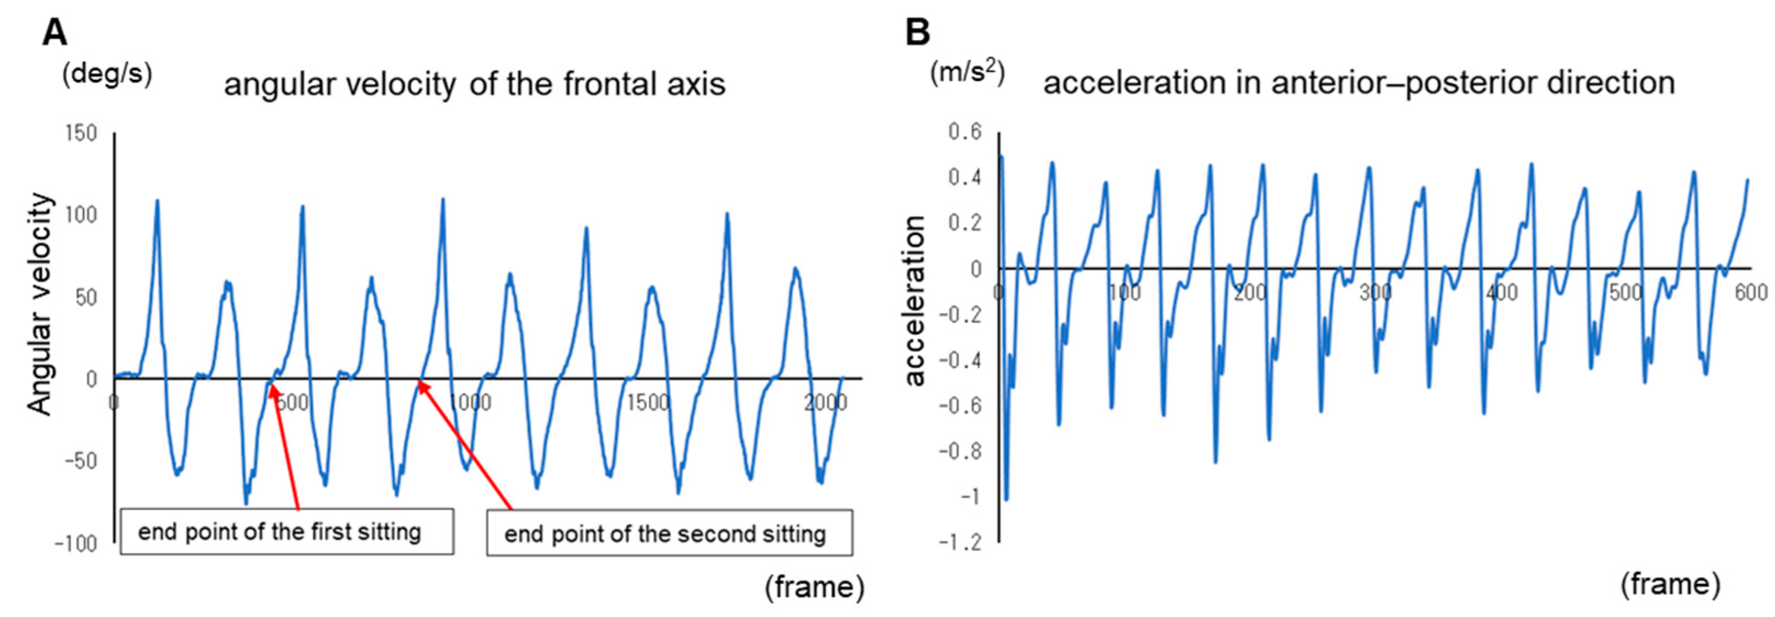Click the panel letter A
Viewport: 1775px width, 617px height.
pos(55,32)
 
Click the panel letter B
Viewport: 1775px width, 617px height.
pos(917,32)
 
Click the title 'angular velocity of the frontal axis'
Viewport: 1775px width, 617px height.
pos(474,84)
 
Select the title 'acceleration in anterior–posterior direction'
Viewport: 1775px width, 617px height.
pos(1359,82)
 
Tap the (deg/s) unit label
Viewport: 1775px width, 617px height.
pos(107,73)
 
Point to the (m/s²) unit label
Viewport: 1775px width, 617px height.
pos(967,71)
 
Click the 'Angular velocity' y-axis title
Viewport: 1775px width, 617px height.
pos(41,304)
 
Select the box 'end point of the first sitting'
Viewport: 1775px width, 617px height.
pos(287,532)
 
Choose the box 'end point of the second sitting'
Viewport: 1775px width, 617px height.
pos(669,532)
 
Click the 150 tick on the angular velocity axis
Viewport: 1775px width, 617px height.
pos(81,133)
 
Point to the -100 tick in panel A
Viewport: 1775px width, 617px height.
pos(76,544)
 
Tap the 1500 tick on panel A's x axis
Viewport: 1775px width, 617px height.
pos(648,403)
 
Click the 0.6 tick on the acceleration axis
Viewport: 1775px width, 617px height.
pos(965,131)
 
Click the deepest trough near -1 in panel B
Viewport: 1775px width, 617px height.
pos(1006,499)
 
